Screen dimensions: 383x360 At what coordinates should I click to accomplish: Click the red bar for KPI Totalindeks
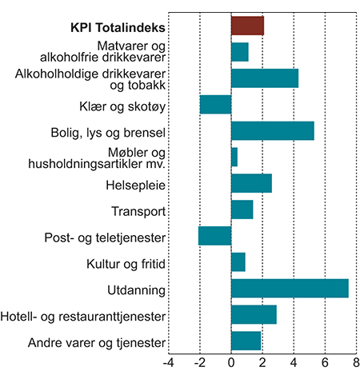pos(247,26)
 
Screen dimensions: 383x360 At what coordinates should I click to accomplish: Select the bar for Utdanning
pos(290,288)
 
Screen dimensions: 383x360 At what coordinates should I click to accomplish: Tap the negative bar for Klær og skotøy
pos(215,105)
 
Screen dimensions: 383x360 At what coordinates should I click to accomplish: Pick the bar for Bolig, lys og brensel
pos(272,130)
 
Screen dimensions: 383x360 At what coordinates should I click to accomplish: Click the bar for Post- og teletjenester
pos(214,236)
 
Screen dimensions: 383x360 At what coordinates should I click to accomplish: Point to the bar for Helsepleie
pos(251,183)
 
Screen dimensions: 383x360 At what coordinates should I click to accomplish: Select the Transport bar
pos(242,209)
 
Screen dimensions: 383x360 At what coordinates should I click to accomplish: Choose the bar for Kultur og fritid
pos(238,261)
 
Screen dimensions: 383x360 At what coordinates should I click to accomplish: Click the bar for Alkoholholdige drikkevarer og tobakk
pos(265,78)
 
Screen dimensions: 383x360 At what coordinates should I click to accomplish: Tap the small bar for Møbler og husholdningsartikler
pos(234,157)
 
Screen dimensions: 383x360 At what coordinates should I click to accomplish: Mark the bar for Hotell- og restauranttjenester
pos(254,314)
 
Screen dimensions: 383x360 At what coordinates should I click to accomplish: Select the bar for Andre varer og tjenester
pos(246,341)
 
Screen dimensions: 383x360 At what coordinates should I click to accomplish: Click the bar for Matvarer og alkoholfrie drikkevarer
pos(239,52)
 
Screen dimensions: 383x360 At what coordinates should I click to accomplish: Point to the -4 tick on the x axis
pos(168,364)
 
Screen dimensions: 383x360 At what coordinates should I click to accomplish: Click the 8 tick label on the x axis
pos(356,364)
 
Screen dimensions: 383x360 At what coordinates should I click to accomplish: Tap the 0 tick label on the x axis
pos(231,364)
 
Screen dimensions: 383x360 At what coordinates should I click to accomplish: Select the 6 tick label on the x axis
pos(325,364)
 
